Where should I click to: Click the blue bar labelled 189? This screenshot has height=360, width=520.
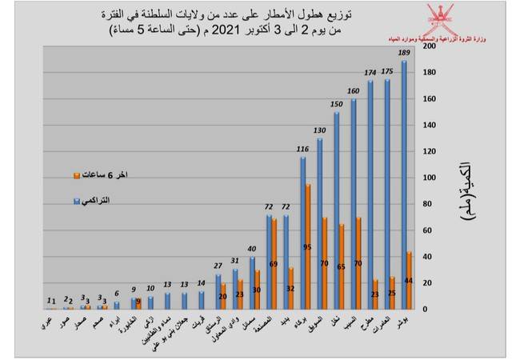[404, 184]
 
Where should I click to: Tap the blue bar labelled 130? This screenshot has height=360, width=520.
[320, 223]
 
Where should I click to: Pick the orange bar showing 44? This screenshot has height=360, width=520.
[410, 280]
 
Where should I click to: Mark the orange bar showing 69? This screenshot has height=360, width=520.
[274, 263]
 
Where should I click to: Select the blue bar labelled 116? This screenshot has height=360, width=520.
[303, 233]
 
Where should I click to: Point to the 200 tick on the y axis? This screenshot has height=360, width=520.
[429, 46]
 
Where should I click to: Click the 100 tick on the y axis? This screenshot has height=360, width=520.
[429, 178]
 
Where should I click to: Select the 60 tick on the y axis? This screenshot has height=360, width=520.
[429, 230]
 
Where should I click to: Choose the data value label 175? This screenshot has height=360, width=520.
[387, 72]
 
